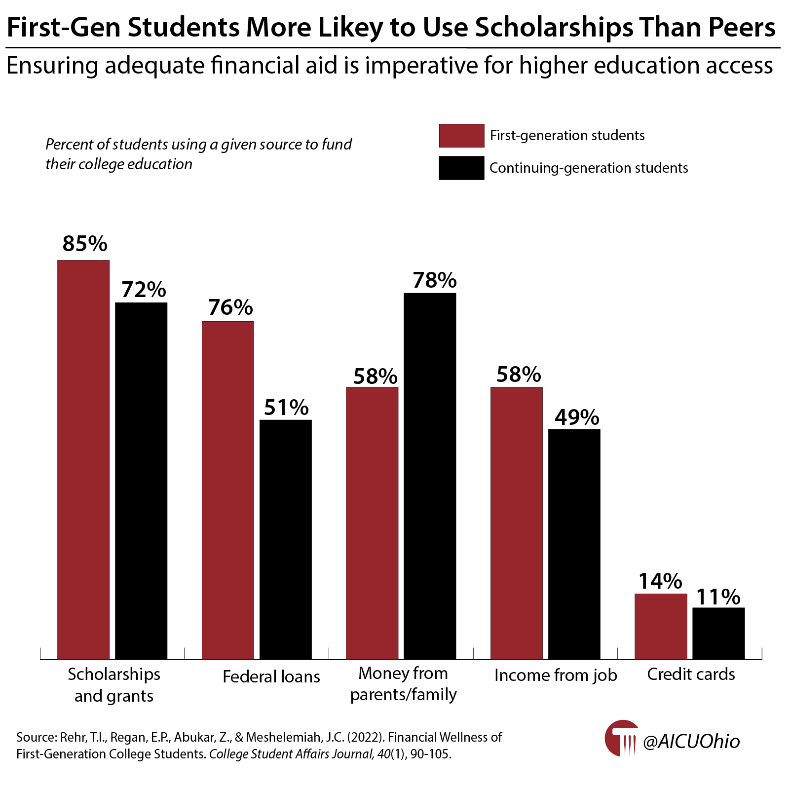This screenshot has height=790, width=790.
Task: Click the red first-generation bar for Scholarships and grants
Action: (83, 459)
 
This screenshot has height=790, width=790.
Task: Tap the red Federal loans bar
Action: (227, 489)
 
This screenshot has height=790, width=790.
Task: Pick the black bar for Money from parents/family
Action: (430, 476)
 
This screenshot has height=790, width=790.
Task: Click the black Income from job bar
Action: (574, 544)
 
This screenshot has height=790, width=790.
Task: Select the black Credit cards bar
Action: (718, 633)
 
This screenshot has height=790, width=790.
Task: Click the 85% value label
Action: (85, 244)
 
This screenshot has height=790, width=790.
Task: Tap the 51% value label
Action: (286, 408)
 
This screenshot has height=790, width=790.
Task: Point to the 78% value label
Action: (435, 280)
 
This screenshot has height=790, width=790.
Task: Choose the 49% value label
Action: (577, 417)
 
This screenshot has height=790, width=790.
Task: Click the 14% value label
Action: (660, 581)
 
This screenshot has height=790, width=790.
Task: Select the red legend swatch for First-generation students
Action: (461, 136)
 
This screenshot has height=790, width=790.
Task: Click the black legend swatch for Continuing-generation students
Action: (461, 168)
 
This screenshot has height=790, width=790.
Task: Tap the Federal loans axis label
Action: (271, 676)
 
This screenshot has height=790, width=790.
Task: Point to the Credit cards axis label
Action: (691, 674)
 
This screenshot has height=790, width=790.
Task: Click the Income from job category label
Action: (556, 675)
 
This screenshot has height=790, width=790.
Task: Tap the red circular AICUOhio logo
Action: (621, 738)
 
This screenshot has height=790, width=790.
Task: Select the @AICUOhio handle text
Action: (691, 741)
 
